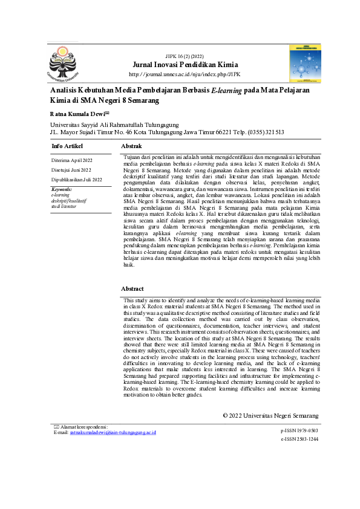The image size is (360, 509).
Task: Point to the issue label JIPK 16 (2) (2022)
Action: pos(185,56)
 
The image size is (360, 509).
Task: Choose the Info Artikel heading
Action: pos(67,146)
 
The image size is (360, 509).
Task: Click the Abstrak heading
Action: pos(131,146)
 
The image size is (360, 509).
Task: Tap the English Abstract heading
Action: pos(132,289)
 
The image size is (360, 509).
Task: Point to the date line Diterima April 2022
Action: pos(72,160)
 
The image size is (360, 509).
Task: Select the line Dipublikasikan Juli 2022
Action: pos(77,180)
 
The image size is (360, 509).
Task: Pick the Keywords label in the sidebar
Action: pos(61,189)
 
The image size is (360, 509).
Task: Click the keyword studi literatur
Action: pos(64,206)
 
